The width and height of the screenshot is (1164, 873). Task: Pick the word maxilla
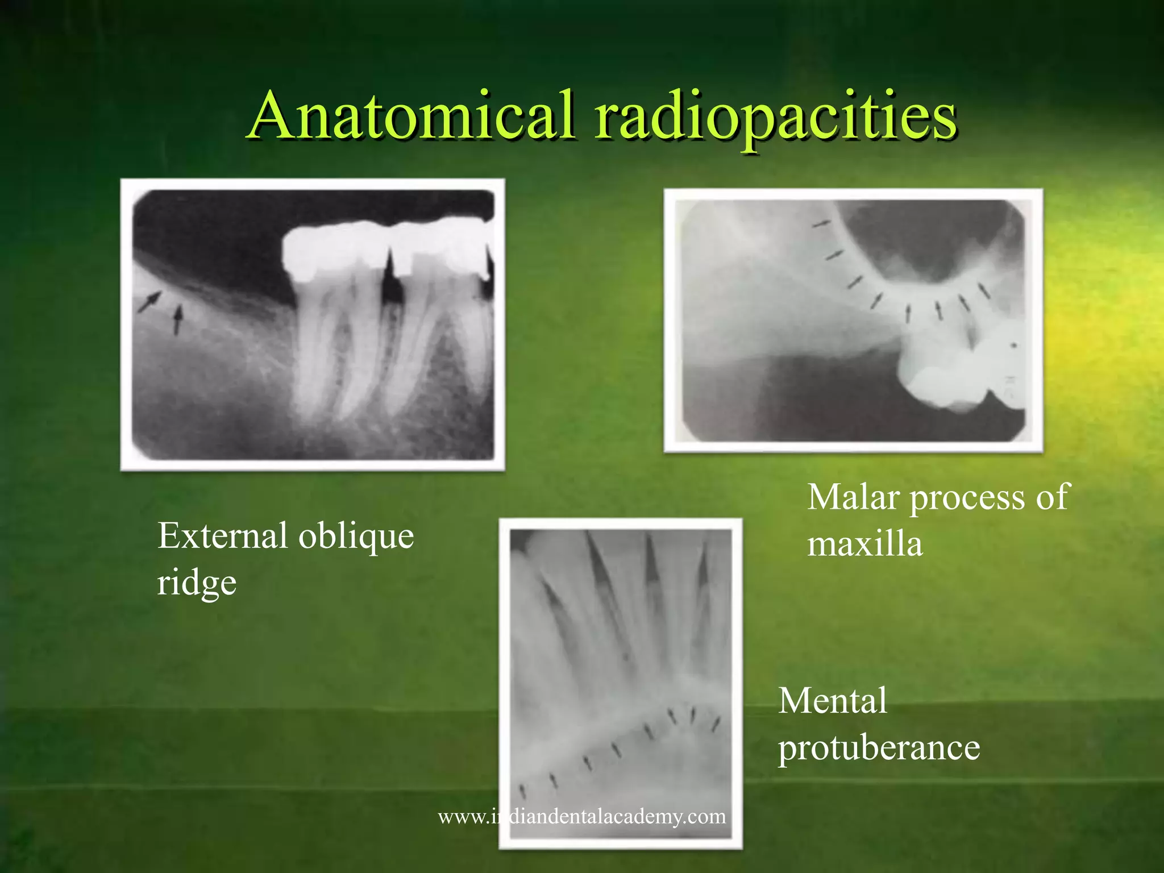point(865,544)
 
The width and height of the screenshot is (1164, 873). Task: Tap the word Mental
point(833,701)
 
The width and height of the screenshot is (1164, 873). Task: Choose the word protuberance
point(879,748)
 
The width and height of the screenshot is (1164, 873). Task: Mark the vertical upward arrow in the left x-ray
point(178,320)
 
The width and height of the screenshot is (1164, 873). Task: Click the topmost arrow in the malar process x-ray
point(821,225)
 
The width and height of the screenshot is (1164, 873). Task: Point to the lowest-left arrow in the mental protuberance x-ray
point(523,791)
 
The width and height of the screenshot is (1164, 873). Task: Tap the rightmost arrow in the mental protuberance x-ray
point(716,725)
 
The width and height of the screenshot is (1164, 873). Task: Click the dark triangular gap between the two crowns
point(391,278)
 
